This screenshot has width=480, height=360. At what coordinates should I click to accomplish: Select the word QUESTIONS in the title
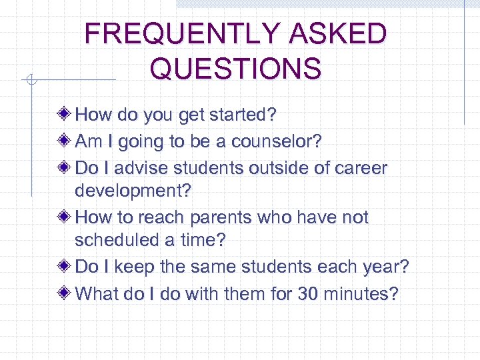pyautogui.click(x=235, y=69)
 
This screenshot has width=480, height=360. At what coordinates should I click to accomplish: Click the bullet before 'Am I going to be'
pyautogui.click(x=65, y=141)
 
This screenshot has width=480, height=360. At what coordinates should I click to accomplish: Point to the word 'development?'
pyautogui.click(x=133, y=191)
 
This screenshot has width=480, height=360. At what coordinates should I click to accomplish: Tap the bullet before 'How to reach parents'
pyautogui.click(x=65, y=217)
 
